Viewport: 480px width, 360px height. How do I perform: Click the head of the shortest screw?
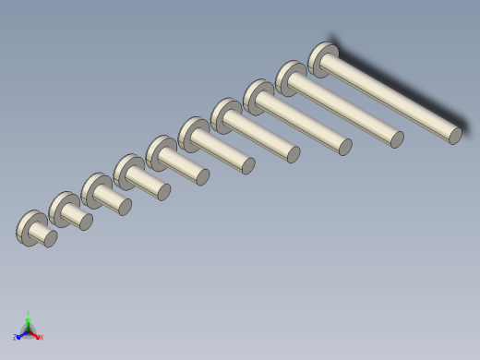pyautogui.click(x=30, y=227)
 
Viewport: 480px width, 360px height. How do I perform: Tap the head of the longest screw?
pyautogui.click(x=322, y=58)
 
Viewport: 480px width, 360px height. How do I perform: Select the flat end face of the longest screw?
pyautogui.click(x=455, y=136)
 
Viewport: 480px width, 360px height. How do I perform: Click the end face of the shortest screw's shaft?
pyautogui.click(x=51, y=239)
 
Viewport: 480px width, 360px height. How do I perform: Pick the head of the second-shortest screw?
pyautogui.click(x=62, y=209)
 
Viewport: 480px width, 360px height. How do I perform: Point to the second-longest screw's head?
pyautogui.click(x=290, y=78)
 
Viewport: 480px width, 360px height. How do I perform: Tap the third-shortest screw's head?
pyautogui.click(x=94, y=189)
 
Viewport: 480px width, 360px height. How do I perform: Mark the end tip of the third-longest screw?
pyautogui.click(x=344, y=146)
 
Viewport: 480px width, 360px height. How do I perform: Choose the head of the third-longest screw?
pyautogui.click(x=258, y=96)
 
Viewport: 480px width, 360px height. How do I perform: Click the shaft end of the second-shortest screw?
pyautogui.click(x=86, y=222)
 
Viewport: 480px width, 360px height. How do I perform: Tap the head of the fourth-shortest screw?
pyautogui.click(x=127, y=171)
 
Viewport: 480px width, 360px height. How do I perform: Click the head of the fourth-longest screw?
pyautogui.click(x=224, y=114)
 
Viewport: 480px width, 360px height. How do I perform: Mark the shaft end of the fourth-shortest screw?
pyautogui.click(x=163, y=192)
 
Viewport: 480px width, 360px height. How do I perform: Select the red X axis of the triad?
pyautogui.click(x=37, y=336)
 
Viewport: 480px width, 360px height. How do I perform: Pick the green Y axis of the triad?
pyautogui.click(x=29, y=319)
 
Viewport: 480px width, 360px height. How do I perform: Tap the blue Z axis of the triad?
pyautogui.click(x=19, y=336)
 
